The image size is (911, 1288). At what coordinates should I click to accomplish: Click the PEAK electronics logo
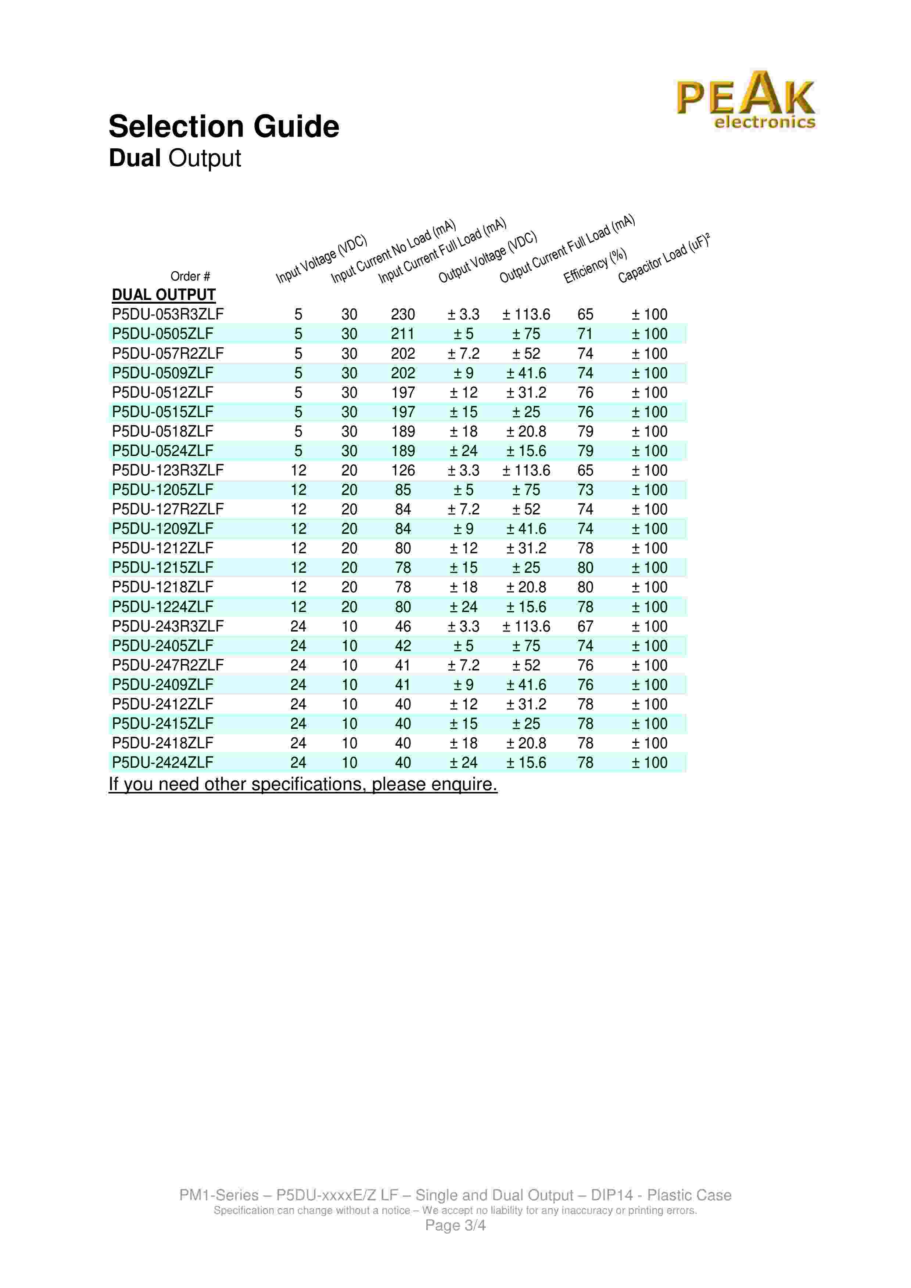(745, 101)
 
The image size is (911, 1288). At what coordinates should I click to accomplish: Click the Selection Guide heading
(223, 126)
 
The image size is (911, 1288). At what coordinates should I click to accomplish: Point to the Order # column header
(190, 276)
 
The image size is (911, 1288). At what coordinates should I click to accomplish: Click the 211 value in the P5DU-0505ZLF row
(402, 334)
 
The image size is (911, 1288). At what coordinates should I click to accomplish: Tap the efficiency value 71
(585, 334)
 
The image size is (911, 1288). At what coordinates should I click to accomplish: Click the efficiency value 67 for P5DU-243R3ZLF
(585, 626)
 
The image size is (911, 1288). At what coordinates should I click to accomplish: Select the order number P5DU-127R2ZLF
(167, 509)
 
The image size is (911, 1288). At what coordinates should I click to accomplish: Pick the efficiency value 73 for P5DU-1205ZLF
(585, 490)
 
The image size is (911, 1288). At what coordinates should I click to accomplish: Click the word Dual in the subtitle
(135, 158)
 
